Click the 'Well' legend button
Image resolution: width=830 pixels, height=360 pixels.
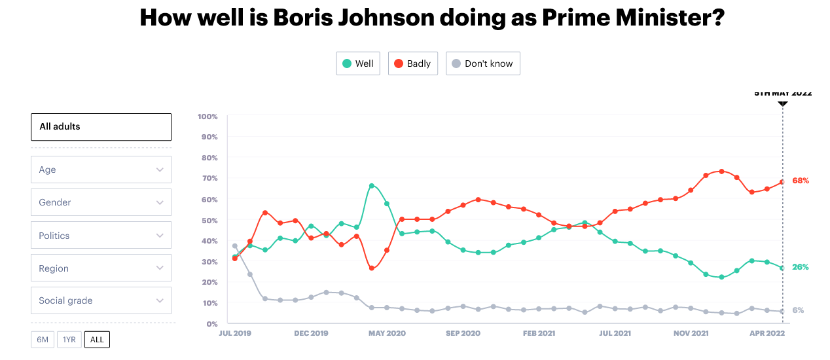(x=357, y=63)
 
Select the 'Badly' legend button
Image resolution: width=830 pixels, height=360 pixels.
(x=412, y=63)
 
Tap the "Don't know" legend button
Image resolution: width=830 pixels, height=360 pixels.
(x=482, y=63)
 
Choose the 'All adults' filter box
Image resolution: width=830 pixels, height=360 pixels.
(x=101, y=127)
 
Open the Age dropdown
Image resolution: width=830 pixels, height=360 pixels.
(x=101, y=170)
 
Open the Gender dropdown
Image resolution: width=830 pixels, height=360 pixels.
(x=101, y=202)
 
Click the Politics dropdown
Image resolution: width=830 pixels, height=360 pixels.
(x=101, y=236)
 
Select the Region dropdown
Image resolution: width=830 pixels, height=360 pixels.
(x=101, y=268)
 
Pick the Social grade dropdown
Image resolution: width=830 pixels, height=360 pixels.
(x=101, y=300)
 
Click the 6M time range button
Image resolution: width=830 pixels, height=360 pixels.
(x=43, y=340)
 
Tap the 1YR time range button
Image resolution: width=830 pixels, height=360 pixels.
(x=69, y=340)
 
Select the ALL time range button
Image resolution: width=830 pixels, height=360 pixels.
(x=97, y=340)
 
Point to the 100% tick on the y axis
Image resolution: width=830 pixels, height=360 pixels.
(x=207, y=117)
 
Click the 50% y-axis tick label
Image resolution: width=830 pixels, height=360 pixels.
(x=209, y=220)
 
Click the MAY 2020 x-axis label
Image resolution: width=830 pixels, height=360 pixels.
(x=386, y=333)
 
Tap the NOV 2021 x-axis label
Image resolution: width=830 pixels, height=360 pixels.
(x=691, y=333)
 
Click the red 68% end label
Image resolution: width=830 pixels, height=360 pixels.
(x=800, y=181)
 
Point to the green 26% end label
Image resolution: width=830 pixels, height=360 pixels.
(x=800, y=267)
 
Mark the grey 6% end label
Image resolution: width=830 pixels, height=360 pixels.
(x=798, y=310)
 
